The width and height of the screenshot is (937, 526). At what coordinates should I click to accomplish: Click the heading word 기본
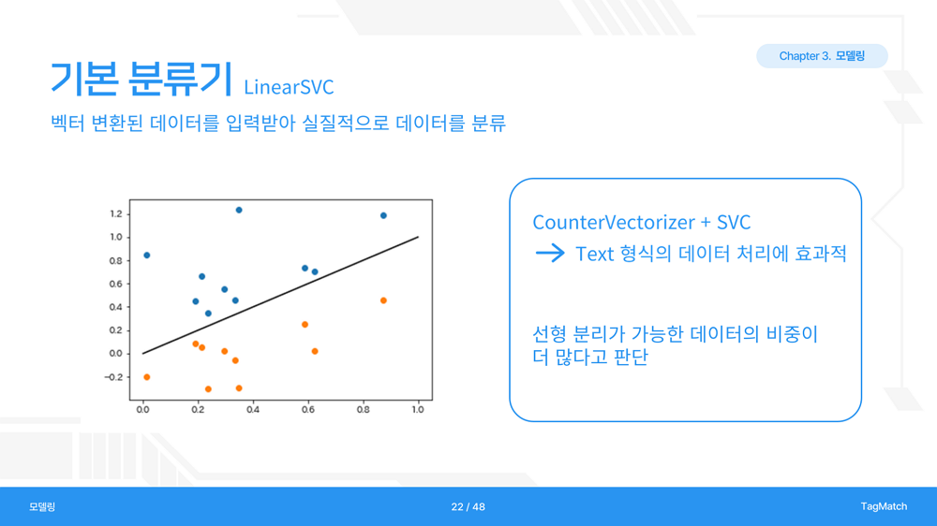pyautogui.click(x=83, y=79)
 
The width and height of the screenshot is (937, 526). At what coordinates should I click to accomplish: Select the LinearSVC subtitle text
pyautogui.click(x=289, y=87)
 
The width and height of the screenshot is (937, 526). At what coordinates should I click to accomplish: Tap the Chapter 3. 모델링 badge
pyautogui.click(x=822, y=56)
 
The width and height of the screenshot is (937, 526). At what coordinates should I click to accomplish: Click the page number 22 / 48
pyautogui.click(x=468, y=507)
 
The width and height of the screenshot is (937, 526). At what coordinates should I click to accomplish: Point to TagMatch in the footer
pyautogui.click(x=884, y=506)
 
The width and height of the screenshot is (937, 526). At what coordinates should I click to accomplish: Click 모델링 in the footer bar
pyautogui.click(x=42, y=507)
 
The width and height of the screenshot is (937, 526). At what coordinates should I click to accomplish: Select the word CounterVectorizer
pyautogui.click(x=614, y=222)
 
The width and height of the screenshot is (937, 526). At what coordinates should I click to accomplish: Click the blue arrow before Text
pyautogui.click(x=550, y=253)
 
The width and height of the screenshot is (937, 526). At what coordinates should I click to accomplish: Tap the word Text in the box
pyautogui.click(x=595, y=254)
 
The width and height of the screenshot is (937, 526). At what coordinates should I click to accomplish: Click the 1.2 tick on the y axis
pyautogui.click(x=116, y=213)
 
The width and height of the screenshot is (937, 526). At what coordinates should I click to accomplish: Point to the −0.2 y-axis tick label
pyautogui.click(x=113, y=377)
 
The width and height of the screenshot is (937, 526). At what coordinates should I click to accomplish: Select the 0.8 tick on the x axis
pyautogui.click(x=363, y=410)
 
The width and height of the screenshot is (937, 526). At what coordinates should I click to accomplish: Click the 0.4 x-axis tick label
pyautogui.click(x=253, y=410)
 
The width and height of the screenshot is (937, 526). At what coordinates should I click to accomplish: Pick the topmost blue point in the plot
pyautogui.click(x=239, y=211)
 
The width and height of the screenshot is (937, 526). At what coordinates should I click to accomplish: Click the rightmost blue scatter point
pyautogui.click(x=383, y=215)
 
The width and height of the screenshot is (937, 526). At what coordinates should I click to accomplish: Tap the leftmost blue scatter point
pyautogui.click(x=147, y=256)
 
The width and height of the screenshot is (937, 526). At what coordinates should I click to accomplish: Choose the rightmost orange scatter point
pyautogui.click(x=383, y=300)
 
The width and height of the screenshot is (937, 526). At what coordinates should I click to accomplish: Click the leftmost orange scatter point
pyautogui.click(x=147, y=377)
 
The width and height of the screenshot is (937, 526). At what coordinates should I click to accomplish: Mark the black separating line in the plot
pyautogui.click(x=280, y=295)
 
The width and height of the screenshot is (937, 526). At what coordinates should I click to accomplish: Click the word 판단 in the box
pyautogui.click(x=631, y=357)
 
